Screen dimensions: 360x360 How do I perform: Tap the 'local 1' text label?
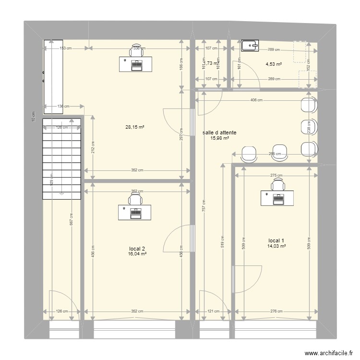click(276, 240)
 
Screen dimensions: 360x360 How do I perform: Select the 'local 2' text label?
click(137, 248)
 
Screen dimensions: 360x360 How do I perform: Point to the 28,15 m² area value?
click(135, 127)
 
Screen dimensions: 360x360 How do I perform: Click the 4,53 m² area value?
click(274, 63)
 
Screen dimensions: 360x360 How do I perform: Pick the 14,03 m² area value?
click(276, 246)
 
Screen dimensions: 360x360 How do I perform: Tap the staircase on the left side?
click(61, 158)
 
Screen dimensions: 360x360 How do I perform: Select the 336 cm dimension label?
click(137, 48)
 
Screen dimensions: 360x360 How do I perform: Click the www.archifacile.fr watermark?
click(323, 351)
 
